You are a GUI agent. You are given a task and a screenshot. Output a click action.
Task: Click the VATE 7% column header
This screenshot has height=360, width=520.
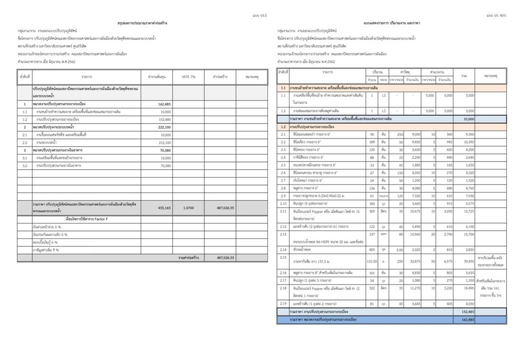click(x=188, y=76)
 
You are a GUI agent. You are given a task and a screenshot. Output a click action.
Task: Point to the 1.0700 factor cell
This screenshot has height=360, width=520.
click(x=188, y=207)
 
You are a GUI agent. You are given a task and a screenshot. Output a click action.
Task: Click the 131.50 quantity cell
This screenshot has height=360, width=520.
click(x=372, y=260)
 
